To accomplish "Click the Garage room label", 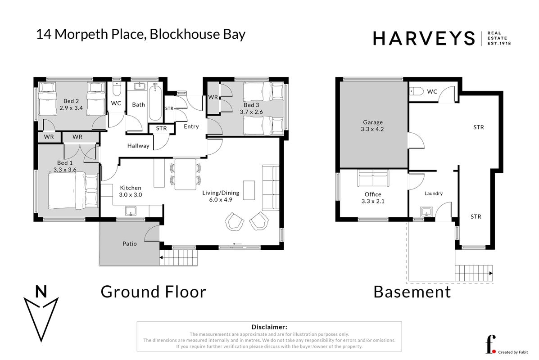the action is click(x=373, y=122).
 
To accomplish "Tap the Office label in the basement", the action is click(x=373, y=194).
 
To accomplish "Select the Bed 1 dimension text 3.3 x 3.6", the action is click(x=65, y=170).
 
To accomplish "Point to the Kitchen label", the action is click(x=131, y=188).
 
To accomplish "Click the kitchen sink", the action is click(x=131, y=211).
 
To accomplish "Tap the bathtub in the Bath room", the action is click(x=155, y=102).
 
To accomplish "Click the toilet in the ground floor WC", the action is click(x=116, y=89).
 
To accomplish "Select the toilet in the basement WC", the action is click(x=416, y=91).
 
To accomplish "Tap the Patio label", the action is click(x=130, y=243).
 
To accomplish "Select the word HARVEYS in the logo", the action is click(x=424, y=38).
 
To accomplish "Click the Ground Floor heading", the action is click(x=153, y=292).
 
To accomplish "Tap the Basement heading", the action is click(x=412, y=292).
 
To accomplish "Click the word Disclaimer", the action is click(x=269, y=327).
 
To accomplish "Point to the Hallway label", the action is click(x=138, y=146).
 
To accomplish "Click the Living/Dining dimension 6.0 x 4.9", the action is click(x=221, y=200).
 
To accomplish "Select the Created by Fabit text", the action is click(x=513, y=352).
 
